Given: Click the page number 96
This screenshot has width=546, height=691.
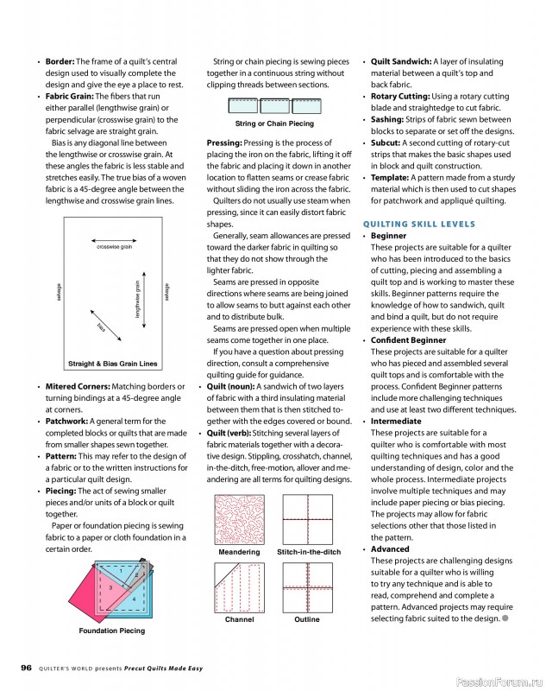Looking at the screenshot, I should tap(26, 667).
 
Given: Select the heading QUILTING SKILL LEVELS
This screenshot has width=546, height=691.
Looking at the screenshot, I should tap(419, 225).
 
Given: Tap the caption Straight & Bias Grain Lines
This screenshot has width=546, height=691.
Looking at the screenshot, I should tap(112, 364).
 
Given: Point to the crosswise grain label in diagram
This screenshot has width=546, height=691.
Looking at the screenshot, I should tap(114, 247).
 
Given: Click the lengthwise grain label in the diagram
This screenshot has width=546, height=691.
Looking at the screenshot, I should tap(138, 299).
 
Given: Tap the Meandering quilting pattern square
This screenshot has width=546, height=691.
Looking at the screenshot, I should tap(239, 518).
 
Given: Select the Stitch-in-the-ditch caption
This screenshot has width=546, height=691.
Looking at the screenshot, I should tap(309, 552).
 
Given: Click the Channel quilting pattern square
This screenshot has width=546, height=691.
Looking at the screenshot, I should tap(239, 586).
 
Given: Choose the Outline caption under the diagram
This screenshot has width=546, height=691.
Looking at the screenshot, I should tap(306, 619).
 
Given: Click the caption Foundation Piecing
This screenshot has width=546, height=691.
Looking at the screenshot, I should tap(112, 631).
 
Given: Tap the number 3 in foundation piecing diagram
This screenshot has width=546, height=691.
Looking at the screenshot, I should tap(110, 587).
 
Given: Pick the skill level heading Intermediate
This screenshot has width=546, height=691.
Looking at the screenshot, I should tap(398, 422).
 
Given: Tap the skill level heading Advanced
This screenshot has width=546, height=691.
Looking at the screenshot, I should tap(391, 549).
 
